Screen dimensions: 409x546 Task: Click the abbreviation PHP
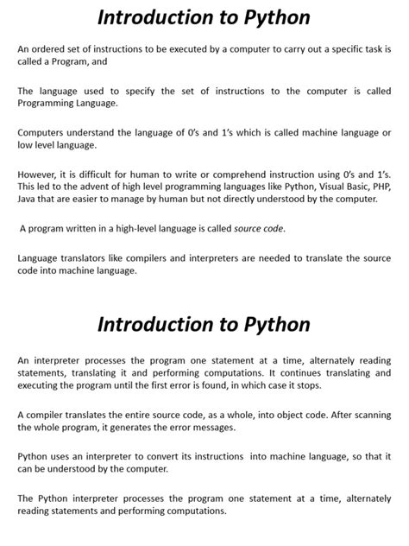379,187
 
